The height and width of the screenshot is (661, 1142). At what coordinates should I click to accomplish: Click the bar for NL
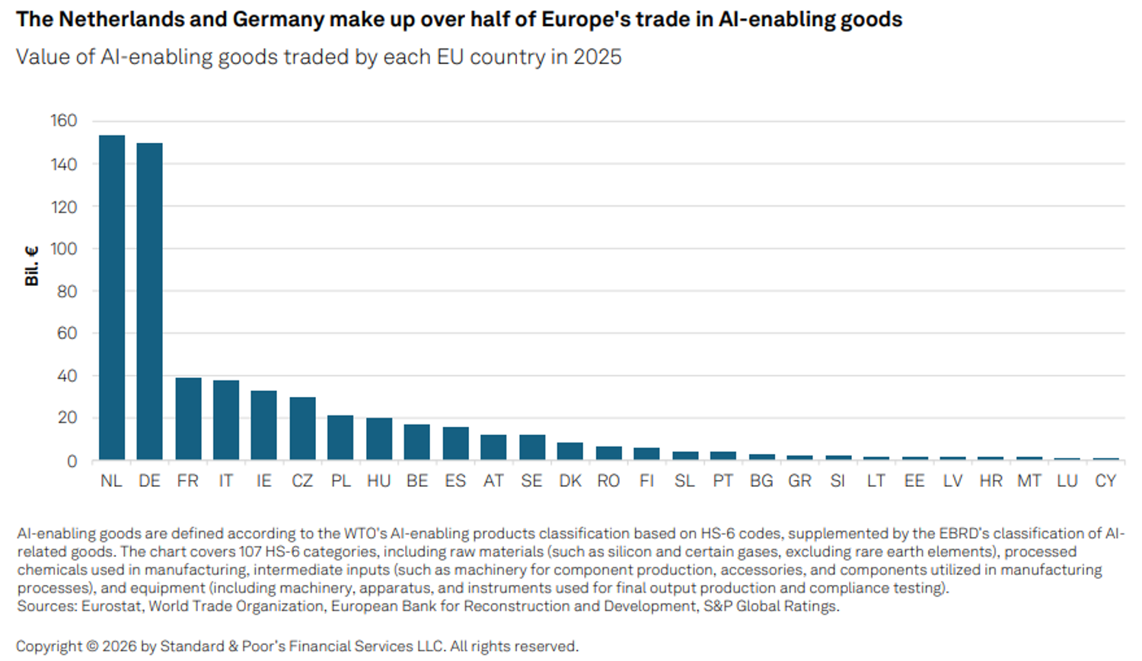coord(112,298)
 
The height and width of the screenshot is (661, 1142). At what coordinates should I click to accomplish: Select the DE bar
coord(150,301)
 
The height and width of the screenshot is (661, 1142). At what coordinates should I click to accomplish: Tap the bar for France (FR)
coord(188,419)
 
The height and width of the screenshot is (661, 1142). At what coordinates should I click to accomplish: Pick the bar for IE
coord(264,426)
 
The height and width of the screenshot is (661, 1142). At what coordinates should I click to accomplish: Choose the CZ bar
coord(302,429)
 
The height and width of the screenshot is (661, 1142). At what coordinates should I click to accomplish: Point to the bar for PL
coord(340,438)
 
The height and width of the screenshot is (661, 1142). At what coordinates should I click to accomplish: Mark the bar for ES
coord(455,443)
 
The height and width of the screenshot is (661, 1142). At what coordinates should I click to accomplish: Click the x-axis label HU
coord(379,481)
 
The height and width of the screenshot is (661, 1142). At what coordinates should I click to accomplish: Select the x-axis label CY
coord(1105,481)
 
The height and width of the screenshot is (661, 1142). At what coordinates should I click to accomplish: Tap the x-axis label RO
coord(608,481)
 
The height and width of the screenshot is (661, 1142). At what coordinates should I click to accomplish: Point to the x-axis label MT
coord(1029,481)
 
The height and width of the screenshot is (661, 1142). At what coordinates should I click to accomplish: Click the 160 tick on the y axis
coord(64,121)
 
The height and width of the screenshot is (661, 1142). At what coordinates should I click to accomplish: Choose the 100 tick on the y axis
coord(64,249)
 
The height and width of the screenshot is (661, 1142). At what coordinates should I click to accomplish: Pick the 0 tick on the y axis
coord(72,462)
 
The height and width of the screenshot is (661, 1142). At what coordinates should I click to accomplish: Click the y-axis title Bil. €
coord(32,266)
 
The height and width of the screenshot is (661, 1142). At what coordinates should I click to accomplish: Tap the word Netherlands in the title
coord(118,19)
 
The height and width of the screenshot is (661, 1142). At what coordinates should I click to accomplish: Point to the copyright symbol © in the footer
coord(92,647)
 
